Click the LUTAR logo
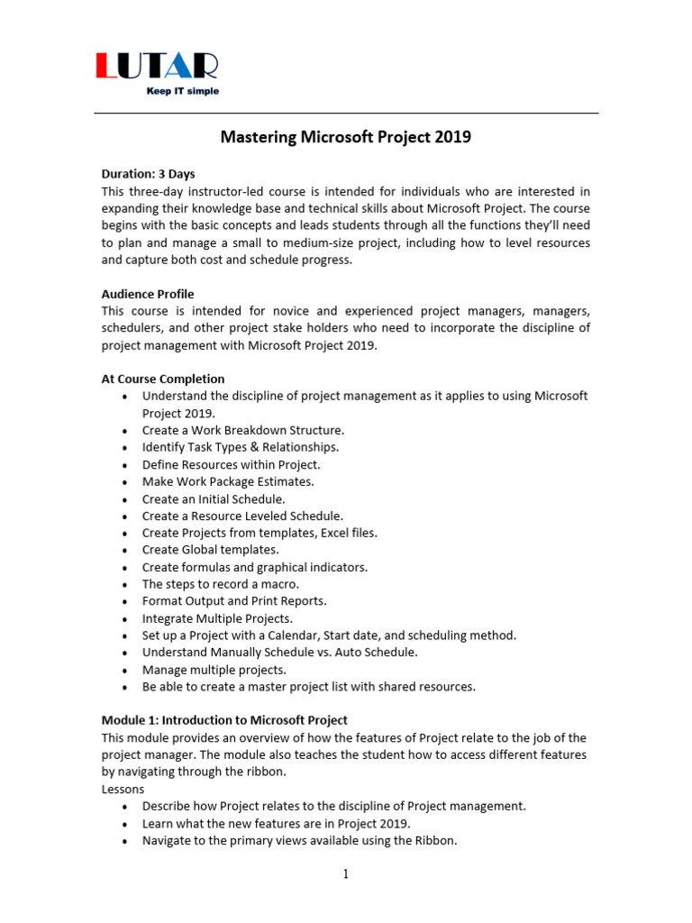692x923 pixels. coord(157,67)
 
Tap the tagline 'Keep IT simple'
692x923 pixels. coord(183,91)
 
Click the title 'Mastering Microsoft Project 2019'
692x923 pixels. coord(346,138)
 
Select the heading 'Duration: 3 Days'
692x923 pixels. coord(149,174)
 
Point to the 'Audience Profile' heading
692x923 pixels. coord(148,294)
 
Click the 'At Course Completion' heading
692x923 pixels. coord(163,379)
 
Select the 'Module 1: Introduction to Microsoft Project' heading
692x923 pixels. coord(224,720)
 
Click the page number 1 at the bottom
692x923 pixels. coord(345,873)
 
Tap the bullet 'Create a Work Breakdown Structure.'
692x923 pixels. coord(243,430)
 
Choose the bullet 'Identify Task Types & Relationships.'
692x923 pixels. coord(241,447)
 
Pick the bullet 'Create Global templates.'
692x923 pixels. coord(211,550)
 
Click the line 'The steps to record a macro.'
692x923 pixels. coord(221,584)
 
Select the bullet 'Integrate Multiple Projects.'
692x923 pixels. coord(217,618)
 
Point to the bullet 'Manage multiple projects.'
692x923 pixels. coord(214,670)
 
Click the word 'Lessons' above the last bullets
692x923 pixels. coord(124,789)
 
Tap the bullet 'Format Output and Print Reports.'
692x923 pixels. coord(234,601)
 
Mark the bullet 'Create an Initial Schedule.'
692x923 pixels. coord(214,498)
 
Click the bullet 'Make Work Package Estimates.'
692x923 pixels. coord(228,481)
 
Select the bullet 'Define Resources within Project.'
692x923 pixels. coord(231,464)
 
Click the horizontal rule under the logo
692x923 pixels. coord(346,114)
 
